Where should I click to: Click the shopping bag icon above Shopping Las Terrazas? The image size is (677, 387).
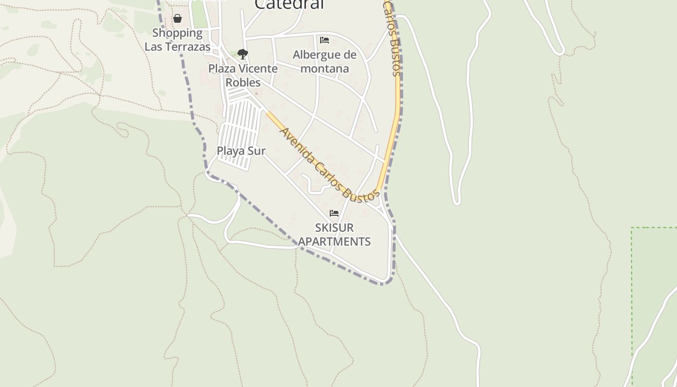[177, 19]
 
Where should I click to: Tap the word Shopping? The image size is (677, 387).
[177, 33]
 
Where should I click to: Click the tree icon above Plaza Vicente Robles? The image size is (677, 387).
[243, 54]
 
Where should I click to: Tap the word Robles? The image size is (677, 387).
[243, 82]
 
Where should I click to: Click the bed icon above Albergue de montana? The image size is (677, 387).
[324, 40]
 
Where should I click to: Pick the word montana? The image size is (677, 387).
[324, 69]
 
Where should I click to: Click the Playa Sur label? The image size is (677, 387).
[241, 151]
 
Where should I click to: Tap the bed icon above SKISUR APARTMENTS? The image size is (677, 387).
[334, 213]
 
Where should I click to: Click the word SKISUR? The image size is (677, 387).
[334, 227]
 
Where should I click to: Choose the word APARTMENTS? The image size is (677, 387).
[334, 241]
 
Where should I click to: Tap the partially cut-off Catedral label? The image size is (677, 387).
[289, 4]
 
